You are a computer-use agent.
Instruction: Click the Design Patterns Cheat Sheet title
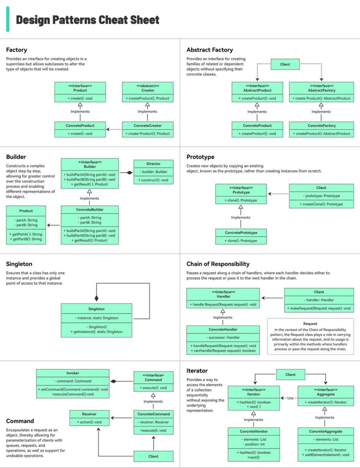[x=88, y=20]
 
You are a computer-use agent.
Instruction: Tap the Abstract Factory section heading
[x=210, y=50]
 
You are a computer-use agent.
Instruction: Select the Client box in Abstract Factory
[x=285, y=64]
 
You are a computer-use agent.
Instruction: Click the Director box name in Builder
[x=154, y=164]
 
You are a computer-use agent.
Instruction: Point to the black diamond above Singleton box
[x=96, y=298]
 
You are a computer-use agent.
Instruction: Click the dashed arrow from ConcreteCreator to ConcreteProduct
[x=114, y=129]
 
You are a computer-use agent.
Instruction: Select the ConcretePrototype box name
[x=241, y=232]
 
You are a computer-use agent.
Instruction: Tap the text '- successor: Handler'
[x=223, y=337]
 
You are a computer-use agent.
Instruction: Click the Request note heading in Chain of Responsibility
[x=310, y=323]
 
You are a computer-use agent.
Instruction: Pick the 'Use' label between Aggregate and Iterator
[x=290, y=398]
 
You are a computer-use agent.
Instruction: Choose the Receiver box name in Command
[x=89, y=414]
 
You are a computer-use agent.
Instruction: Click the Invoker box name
[x=73, y=373]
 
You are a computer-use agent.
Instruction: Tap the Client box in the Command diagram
[x=153, y=456]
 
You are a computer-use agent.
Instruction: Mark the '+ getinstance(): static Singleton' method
[x=96, y=331]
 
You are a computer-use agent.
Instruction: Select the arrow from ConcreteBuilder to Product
[x=53, y=225]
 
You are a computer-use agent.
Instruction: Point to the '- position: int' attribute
[x=254, y=444]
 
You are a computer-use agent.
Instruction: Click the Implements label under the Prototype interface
[x=241, y=217]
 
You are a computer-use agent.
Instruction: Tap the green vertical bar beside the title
[x=8, y=19]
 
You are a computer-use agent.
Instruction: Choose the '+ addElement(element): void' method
[x=326, y=455]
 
